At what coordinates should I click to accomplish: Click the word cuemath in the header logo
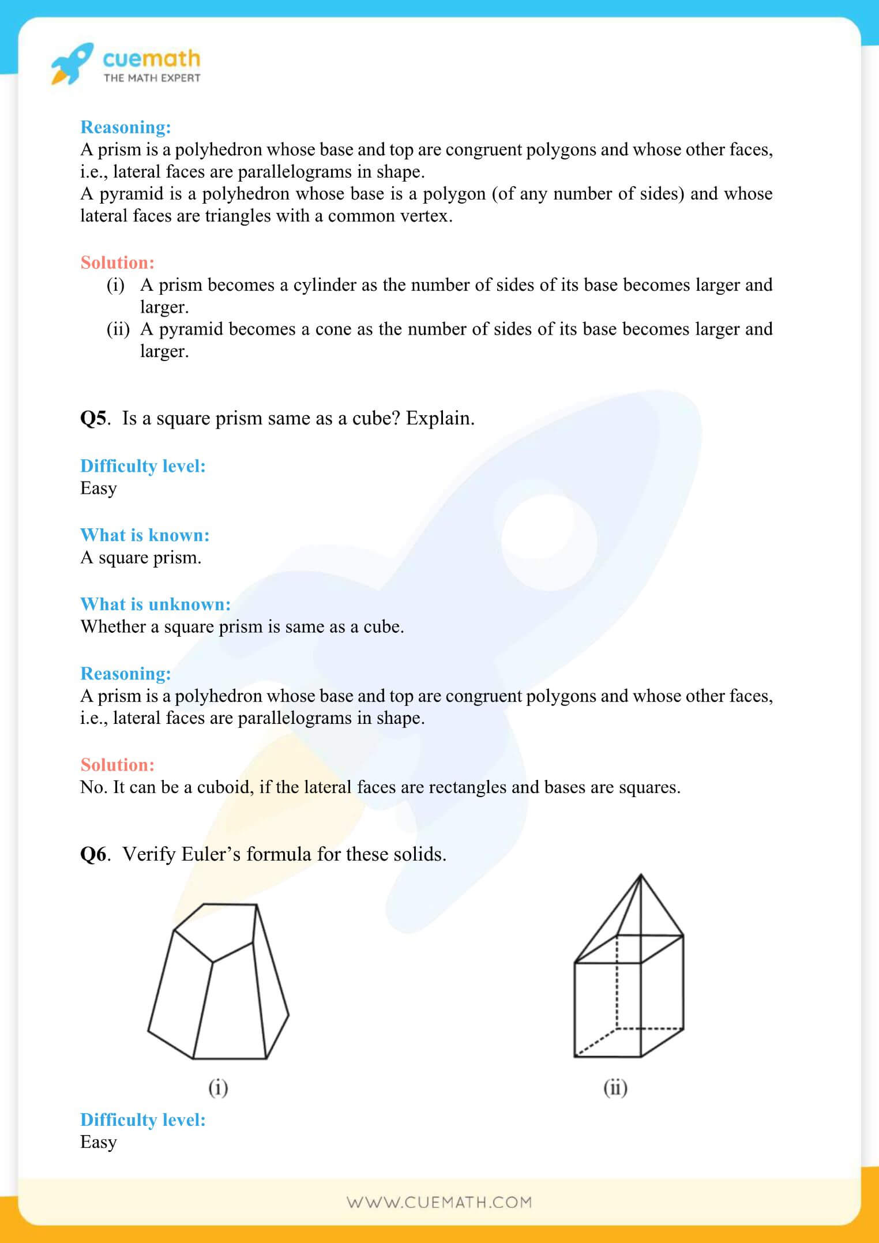[x=151, y=58]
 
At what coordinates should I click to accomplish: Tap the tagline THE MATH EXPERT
[x=152, y=78]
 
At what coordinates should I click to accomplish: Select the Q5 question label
[x=93, y=418]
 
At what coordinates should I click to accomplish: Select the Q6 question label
[x=93, y=854]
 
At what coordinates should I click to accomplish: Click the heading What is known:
[x=145, y=535]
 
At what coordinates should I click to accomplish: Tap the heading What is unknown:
[x=155, y=604]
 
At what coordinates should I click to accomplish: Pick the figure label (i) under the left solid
[x=218, y=1087]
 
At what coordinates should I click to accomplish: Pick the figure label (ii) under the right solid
[x=615, y=1087]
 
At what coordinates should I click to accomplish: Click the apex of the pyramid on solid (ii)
[x=641, y=876]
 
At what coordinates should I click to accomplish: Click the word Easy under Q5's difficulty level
[x=99, y=489]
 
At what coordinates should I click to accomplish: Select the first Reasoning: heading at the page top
[x=126, y=127]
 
